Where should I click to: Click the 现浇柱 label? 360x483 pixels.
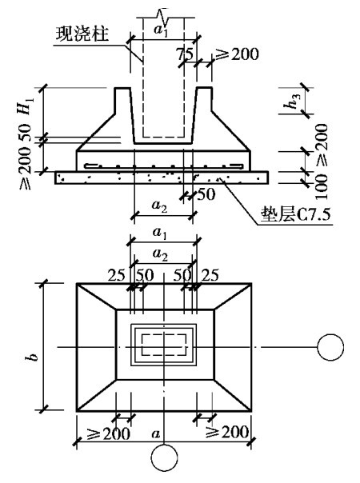(x=82, y=34)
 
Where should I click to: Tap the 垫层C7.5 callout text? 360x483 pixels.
(x=295, y=214)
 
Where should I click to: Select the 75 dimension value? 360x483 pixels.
(x=185, y=54)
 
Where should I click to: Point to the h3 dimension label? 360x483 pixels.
(x=291, y=101)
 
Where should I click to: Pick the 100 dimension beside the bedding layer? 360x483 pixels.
(x=321, y=186)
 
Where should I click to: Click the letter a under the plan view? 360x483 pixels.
(x=156, y=433)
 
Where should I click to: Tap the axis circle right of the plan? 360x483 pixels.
(x=330, y=347)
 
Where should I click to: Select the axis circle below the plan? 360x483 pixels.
(x=164, y=457)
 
